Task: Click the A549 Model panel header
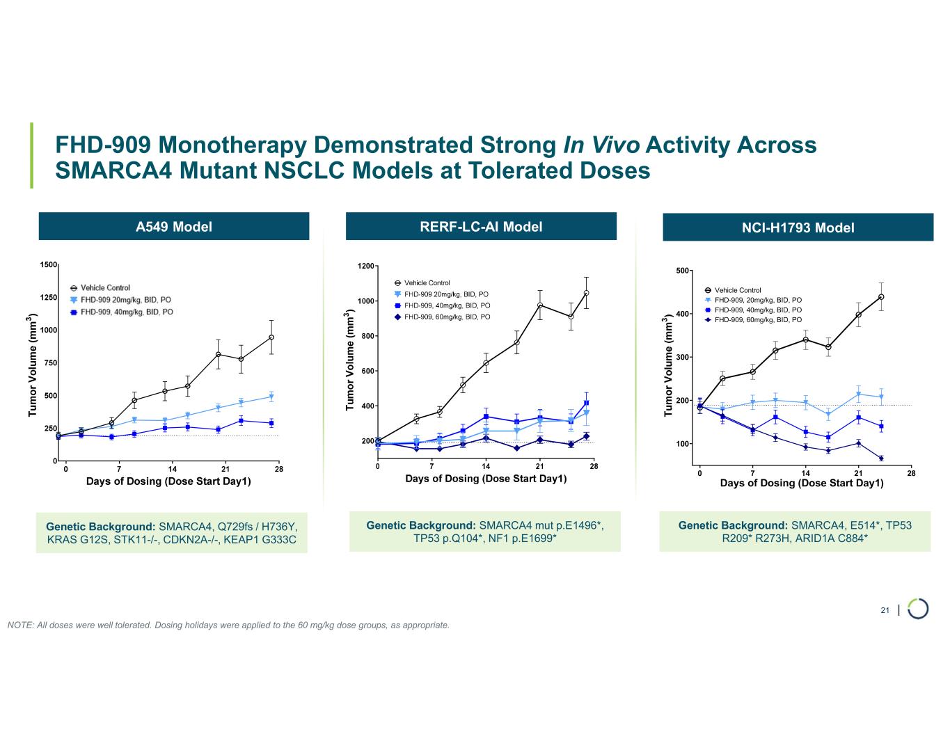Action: coord(173,226)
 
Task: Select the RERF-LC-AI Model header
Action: coord(481,226)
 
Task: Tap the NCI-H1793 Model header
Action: coord(798,228)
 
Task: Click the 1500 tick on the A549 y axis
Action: coord(48,265)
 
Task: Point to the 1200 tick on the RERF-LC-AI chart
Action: coord(365,266)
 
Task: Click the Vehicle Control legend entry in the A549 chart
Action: coord(104,287)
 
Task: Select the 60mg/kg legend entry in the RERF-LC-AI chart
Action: coord(446,317)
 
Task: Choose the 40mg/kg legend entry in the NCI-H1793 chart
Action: coord(757,310)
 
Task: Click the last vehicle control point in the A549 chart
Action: coord(271,337)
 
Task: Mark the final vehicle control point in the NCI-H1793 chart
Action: coord(881,297)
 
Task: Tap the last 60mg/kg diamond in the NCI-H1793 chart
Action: coord(881,458)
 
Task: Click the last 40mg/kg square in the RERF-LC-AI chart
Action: coord(587,403)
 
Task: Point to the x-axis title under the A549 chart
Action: coord(168,481)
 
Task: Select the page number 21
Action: coord(885,610)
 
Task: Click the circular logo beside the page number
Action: coord(918,607)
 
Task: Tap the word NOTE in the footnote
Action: coord(19,625)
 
